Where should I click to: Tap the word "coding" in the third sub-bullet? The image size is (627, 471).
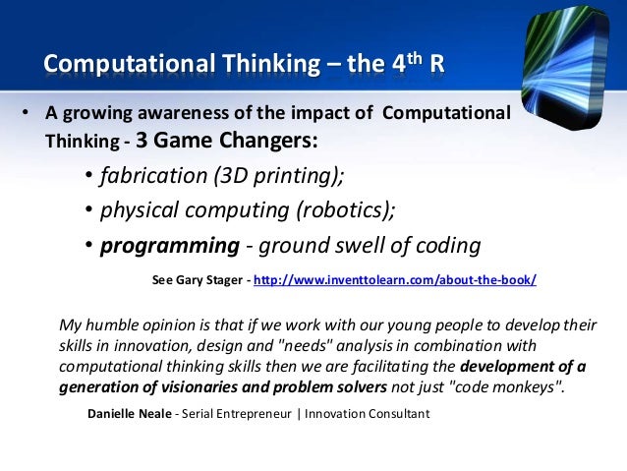tap(448, 246)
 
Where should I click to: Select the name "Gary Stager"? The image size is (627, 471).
tap(211, 280)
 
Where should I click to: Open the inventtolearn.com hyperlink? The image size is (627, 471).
tap(395, 280)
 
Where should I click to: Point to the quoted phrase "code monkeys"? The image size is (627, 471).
tap(513, 386)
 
